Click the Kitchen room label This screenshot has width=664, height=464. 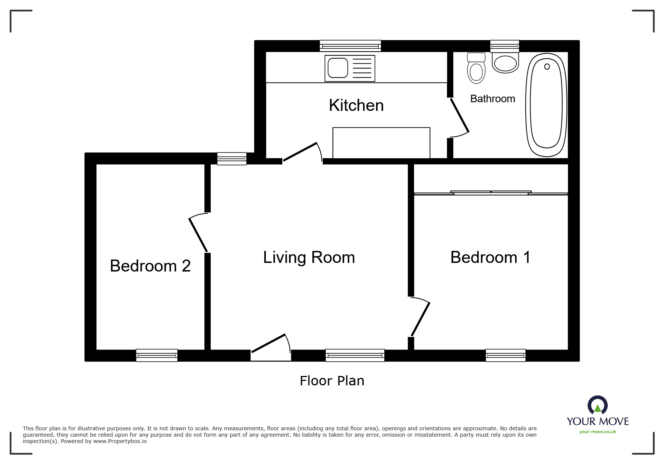point(356,105)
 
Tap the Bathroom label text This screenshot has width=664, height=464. point(493,99)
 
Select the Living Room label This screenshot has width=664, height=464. point(309,258)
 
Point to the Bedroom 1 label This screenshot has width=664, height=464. point(490,257)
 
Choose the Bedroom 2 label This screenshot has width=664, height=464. point(150,266)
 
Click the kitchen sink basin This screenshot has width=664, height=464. point(337,68)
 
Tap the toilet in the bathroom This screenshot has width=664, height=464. point(477,68)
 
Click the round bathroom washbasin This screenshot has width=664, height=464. point(505,63)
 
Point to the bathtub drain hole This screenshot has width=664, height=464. point(547,67)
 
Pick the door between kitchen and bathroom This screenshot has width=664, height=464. point(459,117)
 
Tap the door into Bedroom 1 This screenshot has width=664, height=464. point(420,317)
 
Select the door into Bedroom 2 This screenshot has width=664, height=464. point(198,233)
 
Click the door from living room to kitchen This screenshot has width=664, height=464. point(302,152)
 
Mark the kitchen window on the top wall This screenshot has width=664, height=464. point(350,46)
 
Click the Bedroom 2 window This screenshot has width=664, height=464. point(157,355)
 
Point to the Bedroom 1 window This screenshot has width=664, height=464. point(505,355)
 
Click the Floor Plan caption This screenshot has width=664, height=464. point(332,381)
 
